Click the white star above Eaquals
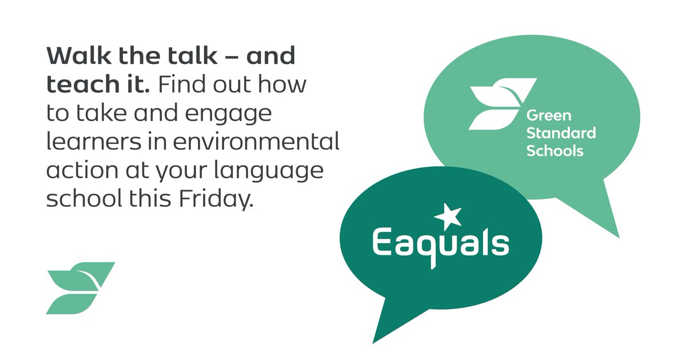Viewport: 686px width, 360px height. [x=448, y=216]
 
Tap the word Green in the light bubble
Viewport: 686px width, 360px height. [x=548, y=116]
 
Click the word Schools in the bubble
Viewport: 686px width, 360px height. [x=555, y=151]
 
